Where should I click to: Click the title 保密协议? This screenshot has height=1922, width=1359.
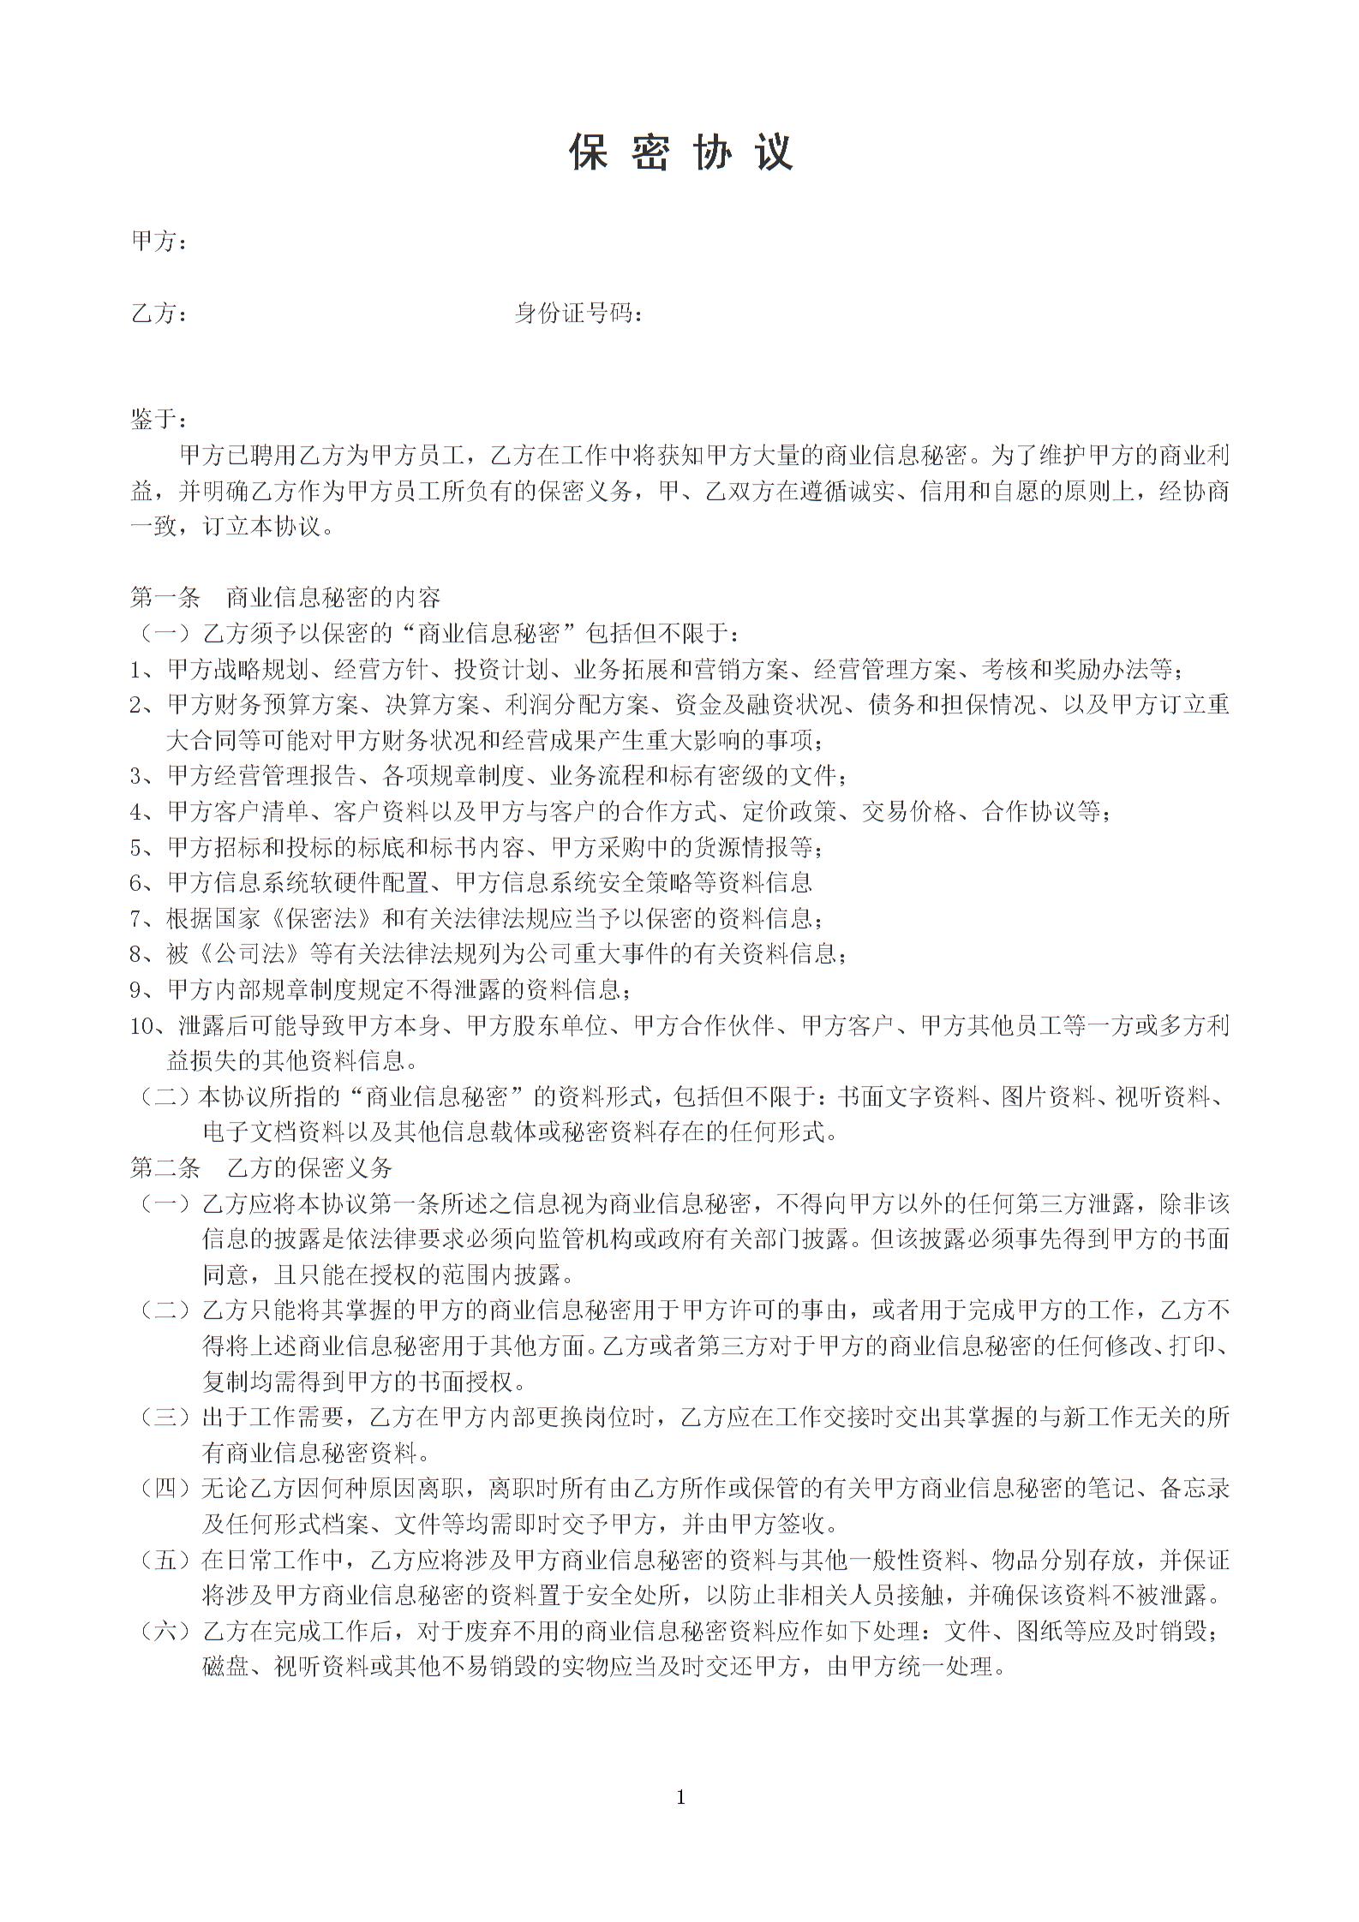pos(681,152)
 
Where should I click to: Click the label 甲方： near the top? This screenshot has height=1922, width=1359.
pos(159,242)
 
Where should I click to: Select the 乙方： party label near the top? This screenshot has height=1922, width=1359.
pos(159,313)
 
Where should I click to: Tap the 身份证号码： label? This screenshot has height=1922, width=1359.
pos(578,313)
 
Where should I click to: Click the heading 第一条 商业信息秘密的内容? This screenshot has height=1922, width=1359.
pos(284,597)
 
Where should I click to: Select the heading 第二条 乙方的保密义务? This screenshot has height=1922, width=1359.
pos(260,1167)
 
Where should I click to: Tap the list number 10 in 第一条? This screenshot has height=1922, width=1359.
pos(141,1025)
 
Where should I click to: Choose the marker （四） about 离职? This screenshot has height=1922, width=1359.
pos(165,1489)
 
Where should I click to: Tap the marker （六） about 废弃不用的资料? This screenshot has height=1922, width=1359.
pos(165,1631)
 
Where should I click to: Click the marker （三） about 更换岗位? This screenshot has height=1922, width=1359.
pos(165,1418)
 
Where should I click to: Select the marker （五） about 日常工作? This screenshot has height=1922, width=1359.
pos(165,1560)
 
